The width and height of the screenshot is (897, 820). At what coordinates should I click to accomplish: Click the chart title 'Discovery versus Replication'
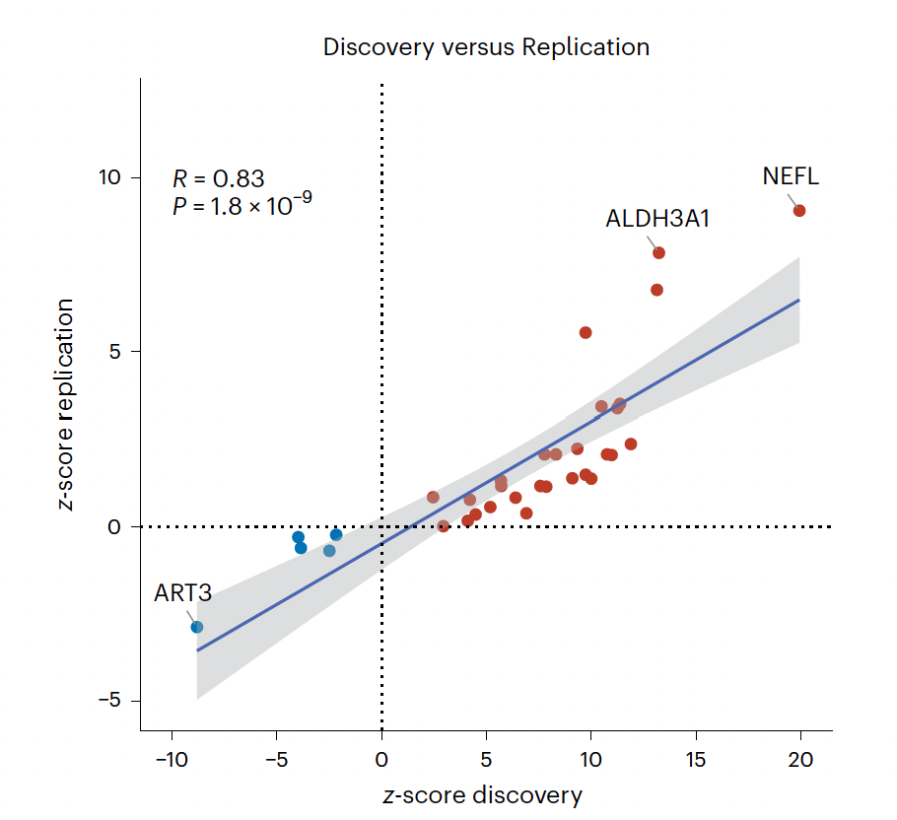coord(486,47)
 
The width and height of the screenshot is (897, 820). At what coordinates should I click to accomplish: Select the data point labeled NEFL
coord(799,211)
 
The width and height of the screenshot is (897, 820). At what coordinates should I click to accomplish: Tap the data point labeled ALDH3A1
coord(658,253)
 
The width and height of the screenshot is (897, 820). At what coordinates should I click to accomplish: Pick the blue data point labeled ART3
coord(197,627)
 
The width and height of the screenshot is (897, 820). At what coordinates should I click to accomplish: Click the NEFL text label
coord(791,177)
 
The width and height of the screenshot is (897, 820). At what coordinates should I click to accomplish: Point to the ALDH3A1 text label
coord(657,219)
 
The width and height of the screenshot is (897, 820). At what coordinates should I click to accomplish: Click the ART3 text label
coord(182,593)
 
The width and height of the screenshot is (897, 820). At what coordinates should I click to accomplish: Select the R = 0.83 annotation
coord(219,178)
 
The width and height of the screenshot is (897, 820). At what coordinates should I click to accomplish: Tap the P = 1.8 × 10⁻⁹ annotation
coord(242,205)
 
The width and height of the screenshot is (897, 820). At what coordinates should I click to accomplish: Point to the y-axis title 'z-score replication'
coord(67,404)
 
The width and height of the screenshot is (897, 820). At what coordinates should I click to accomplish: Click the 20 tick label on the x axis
coord(800,759)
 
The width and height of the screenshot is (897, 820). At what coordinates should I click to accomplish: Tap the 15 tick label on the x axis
coord(696,759)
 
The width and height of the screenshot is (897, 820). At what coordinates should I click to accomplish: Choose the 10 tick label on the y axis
coord(107,177)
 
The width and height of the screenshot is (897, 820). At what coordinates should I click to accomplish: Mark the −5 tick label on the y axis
coord(107,701)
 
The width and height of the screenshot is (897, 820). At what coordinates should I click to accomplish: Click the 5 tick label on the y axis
coord(114,352)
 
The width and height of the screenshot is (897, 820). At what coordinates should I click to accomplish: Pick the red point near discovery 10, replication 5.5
coord(586,333)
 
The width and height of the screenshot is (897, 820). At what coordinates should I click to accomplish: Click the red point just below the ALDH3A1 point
coord(656,290)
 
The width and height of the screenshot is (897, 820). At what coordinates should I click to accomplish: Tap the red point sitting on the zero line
coord(444,526)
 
